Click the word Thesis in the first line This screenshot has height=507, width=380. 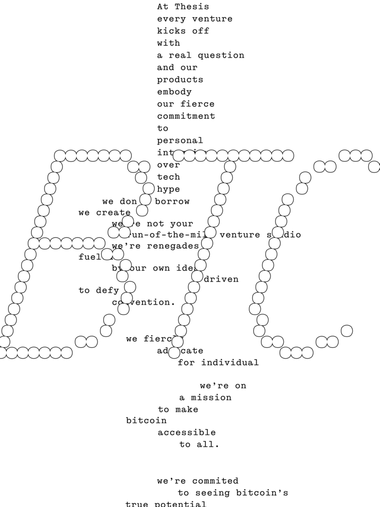(x=192, y=7)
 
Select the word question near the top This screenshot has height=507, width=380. (x=221, y=55)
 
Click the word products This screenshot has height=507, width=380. (x=180, y=80)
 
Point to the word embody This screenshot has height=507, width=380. (x=174, y=92)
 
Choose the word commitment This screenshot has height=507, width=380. (x=186, y=116)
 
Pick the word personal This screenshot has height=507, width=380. (x=180, y=140)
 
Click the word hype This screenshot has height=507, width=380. (x=168, y=189)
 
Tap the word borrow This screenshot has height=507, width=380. (x=172, y=201)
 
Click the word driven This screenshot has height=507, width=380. (x=221, y=279)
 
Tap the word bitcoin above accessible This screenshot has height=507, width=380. (x=146, y=421)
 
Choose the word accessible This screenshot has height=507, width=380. (x=186, y=432)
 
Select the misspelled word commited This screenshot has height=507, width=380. (x=215, y=481)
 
